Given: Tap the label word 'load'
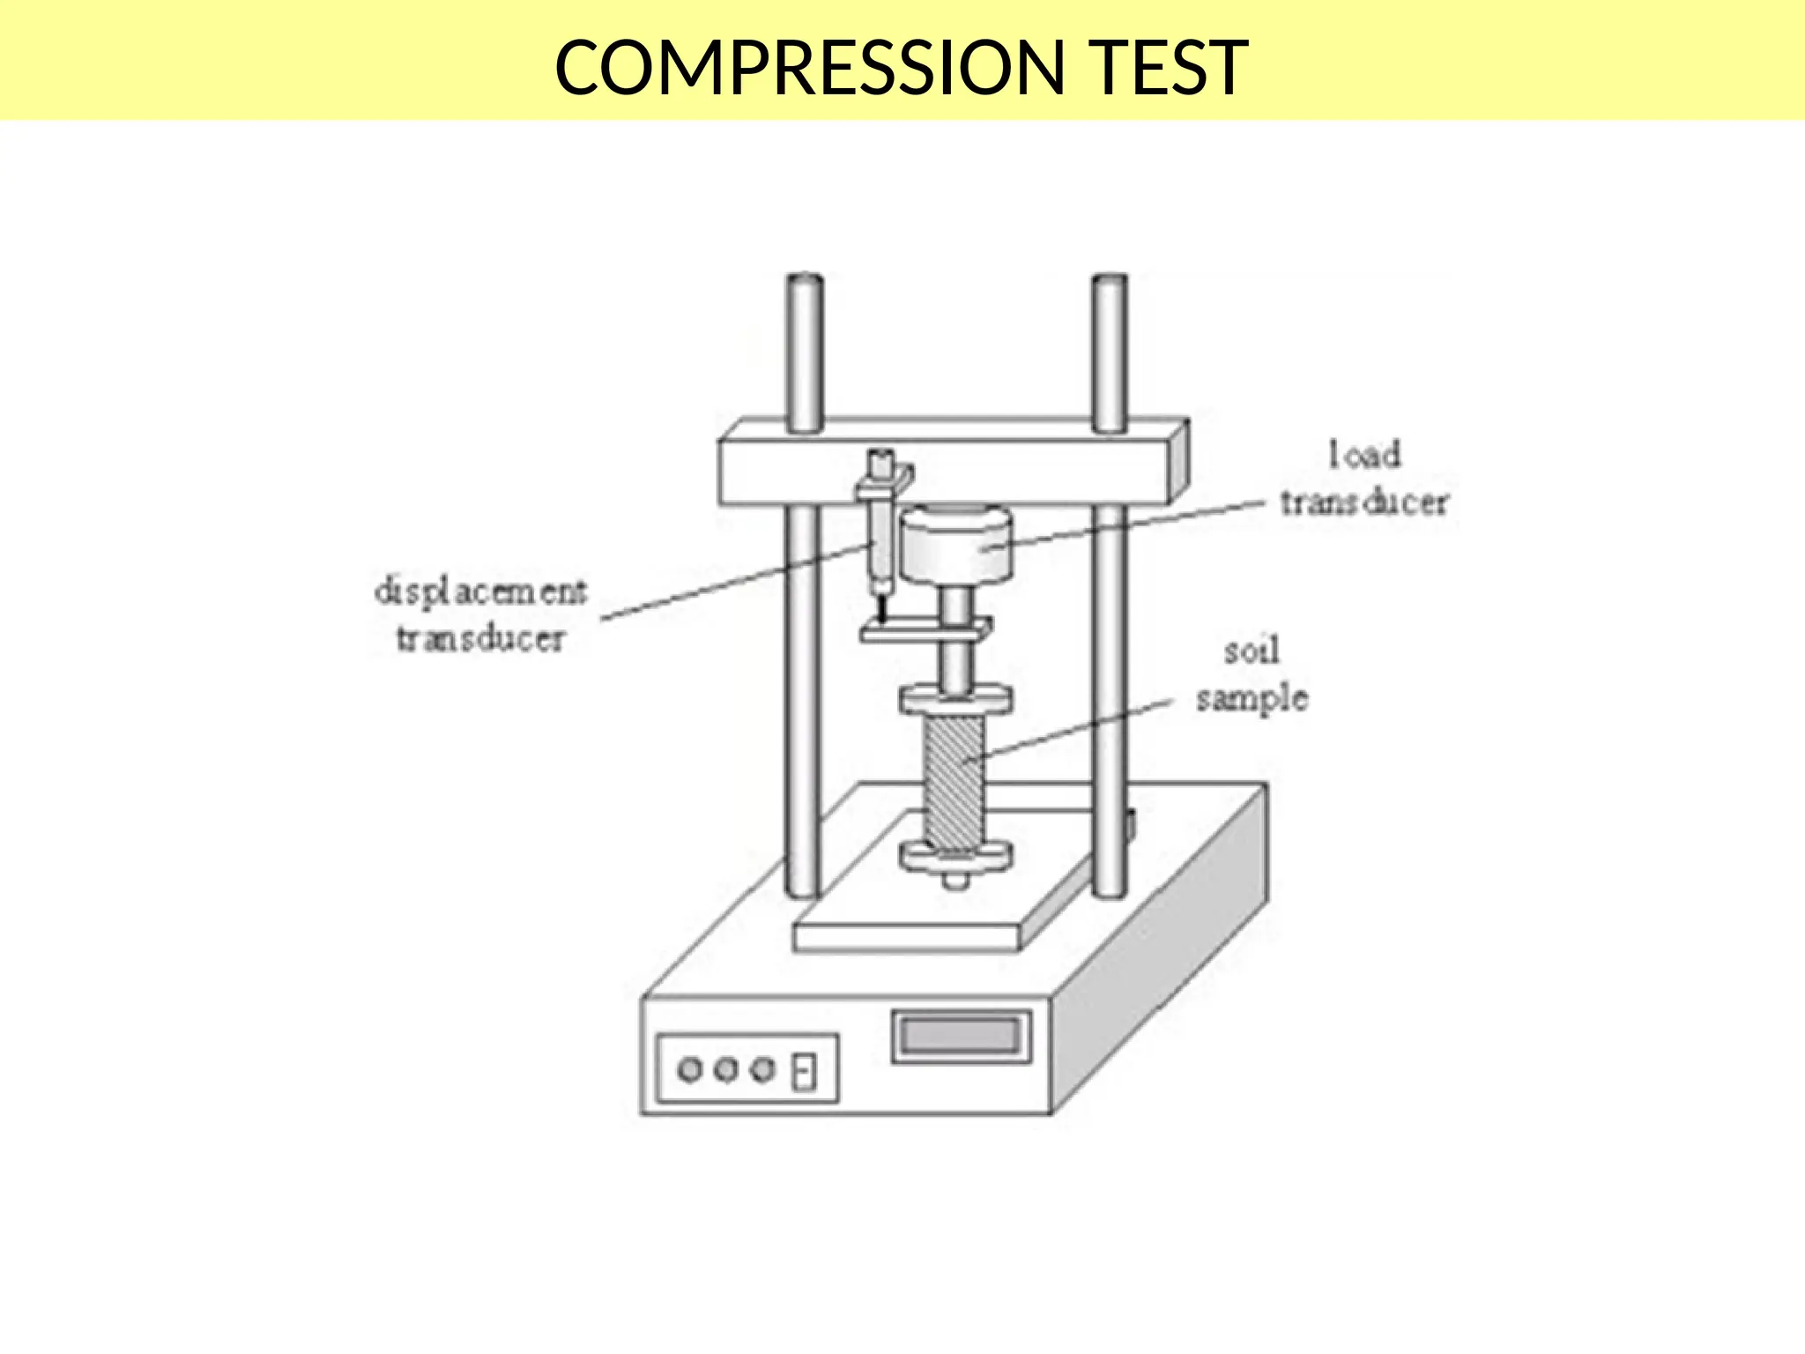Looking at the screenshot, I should pyautogui.click(x=1364, y=455).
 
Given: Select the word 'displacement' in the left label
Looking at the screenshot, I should pyautogui.click(x=480, y=591).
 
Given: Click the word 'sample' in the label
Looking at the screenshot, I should pyautogui.click(x=1252, y=699).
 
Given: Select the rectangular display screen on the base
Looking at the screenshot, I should pyautogui.click(x=961, y=1036).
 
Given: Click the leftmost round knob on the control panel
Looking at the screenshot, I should pyautogui.click(x=689, y=1070).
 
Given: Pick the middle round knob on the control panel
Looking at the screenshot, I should pyautogui.click(x=726, y=1070).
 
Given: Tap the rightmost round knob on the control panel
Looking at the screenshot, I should pyautogui.click(x=763, y=1070).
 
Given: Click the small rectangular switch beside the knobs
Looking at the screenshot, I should pyautogui.click(x=803, y=1072).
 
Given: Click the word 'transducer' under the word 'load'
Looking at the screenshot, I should pyautogui.click(x=1364, y=502).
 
